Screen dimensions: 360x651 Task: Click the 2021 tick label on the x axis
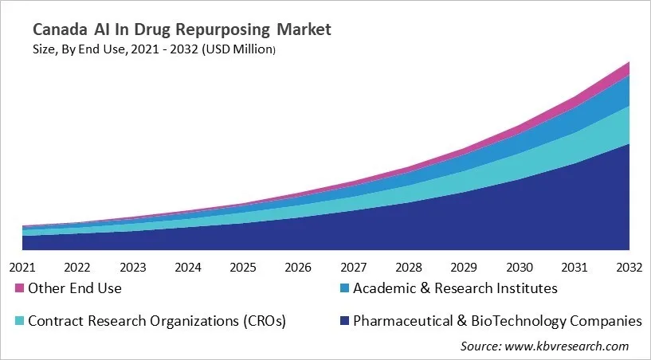(x=22, y=267)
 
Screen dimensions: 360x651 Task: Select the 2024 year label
(x=188, y=267)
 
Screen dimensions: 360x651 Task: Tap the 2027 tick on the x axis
(x=354, y=267)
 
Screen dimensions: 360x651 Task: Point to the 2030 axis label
(x=520, y=267)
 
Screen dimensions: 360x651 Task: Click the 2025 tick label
(x=243, y=267)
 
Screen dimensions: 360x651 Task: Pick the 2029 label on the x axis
(x=465, y=267)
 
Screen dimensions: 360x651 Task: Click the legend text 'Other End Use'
(x=75, y=288)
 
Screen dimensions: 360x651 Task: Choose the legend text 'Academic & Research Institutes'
(x=455, y=288)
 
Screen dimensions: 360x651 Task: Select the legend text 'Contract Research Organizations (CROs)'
(x=157, y=322)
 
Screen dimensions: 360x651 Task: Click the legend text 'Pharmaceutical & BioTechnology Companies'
(x=497, y=322)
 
